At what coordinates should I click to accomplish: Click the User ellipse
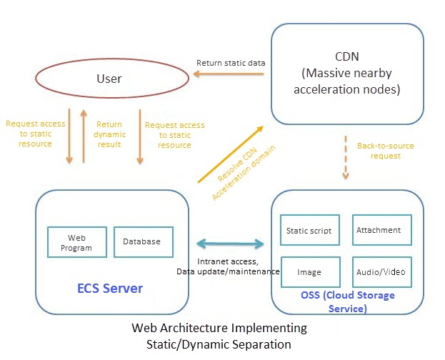click(109, 79)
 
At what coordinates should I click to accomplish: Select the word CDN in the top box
click(348, 56)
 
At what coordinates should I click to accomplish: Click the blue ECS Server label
click(110, 289)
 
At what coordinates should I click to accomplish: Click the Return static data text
click(231, 63)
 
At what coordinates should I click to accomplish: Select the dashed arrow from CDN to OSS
click(346, 157)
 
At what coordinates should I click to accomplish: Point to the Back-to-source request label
click(385, 151)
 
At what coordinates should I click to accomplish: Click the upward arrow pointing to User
click(84, 136)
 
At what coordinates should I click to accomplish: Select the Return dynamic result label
click(110, 134)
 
